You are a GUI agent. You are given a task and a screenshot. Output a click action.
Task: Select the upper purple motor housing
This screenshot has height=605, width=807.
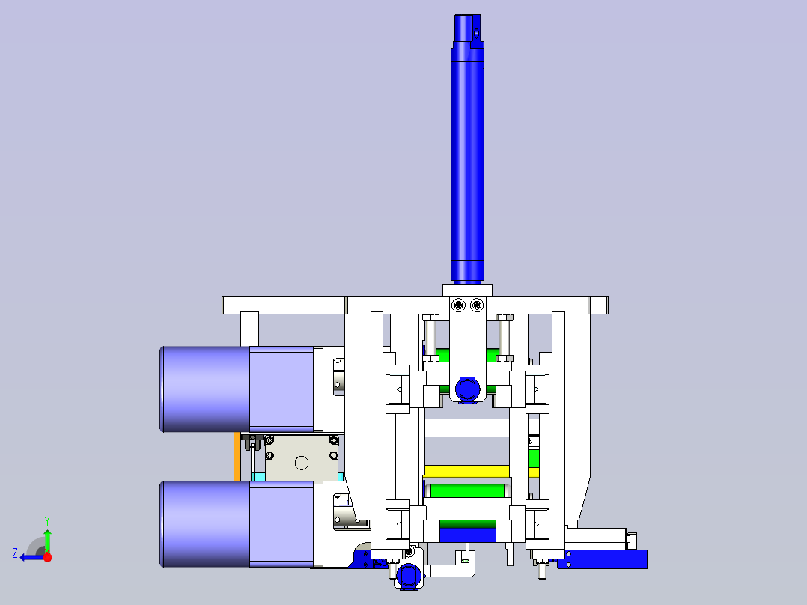(237, 389)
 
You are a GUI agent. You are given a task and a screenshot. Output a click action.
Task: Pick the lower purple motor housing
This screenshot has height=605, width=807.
(237, 524)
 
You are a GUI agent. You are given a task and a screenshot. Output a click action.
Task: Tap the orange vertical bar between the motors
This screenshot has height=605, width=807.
(237, 457)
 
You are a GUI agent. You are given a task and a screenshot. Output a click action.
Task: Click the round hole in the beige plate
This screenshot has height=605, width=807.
(302, 463)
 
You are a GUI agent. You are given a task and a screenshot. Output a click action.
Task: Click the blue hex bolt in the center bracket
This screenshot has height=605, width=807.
(467, 389)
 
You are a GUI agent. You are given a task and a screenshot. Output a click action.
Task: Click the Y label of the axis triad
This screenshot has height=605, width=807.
(47, 520)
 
